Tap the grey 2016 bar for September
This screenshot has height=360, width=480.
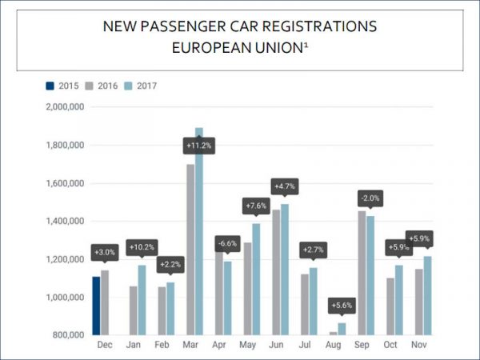point(362,273)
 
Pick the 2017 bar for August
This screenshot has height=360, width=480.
point(342,329)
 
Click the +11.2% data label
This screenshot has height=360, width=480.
point(198,146)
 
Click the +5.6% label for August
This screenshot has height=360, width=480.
point(342,305)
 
